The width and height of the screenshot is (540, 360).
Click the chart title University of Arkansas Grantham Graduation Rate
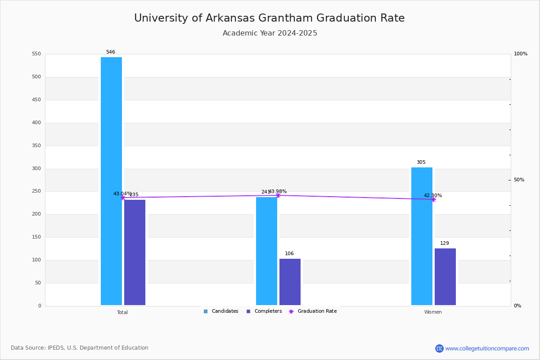click(x=269, y=18)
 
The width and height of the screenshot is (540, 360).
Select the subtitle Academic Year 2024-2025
click(x=270, y=33)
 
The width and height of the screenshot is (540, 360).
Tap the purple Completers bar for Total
click(x=135, y=252)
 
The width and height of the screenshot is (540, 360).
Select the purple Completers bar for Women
click(x=445, y=277)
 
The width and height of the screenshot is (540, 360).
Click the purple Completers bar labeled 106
click(x=290, y=282)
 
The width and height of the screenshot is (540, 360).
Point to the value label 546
click(x=111, y=52)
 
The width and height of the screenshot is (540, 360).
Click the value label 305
click(x=421, y=162)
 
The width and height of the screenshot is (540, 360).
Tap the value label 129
click(x=445, y=243)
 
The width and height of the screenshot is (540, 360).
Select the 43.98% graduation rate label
click(x=278, y=192)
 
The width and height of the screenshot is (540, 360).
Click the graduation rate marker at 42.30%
click(x=433, y=199)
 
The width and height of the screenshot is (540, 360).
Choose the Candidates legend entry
click(x=221, y=311)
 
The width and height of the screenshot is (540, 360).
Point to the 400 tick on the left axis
click(x=36, y=123)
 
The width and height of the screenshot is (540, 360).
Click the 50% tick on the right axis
click(x=519, y=180)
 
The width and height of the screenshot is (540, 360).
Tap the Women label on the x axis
click(x=433, y=312)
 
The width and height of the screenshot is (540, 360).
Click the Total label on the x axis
click(x=122, y=312)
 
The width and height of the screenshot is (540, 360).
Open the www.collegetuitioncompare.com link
click(x=487, y=348)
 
